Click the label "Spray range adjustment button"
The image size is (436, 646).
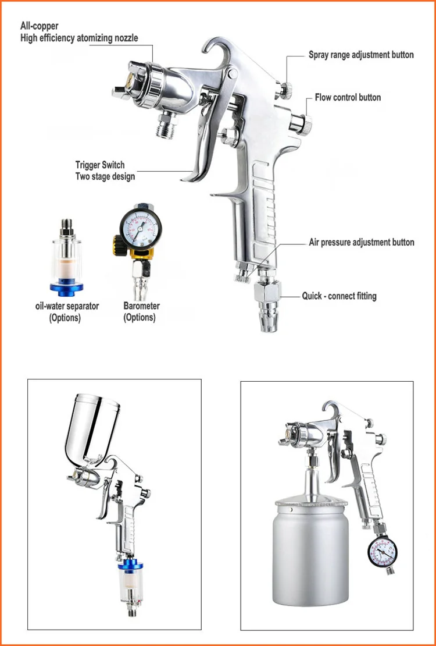pos(361,55)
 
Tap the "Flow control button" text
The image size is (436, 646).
pos(348,98)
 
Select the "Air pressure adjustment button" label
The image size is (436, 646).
pos(362,242)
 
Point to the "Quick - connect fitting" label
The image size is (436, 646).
pos(339,296)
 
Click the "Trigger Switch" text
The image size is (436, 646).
pos(100,165)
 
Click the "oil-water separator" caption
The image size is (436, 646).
pos(67,306)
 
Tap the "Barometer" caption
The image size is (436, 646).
pos(142,306)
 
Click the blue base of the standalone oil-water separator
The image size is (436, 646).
pos(67,288)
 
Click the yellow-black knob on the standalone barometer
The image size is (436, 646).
pos(119,246)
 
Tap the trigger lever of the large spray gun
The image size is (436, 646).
pos(202,144)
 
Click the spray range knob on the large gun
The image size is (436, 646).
pos(284,90)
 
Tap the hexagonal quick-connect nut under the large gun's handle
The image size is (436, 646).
pos(267,292)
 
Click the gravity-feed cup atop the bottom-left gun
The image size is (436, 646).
pos(92,429)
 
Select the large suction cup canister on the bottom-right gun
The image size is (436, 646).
pos(310,552)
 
